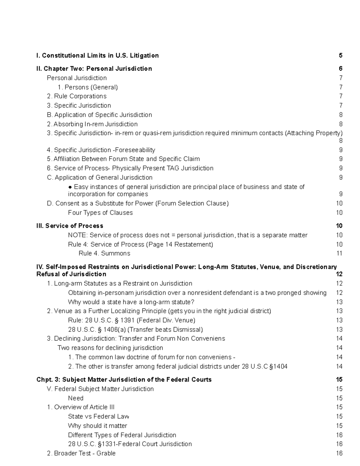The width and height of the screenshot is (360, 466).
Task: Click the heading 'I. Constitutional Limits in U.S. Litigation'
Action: [97, 56]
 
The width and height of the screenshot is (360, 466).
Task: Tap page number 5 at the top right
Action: [340, 56]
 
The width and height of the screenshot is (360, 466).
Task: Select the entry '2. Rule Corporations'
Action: [77, 96]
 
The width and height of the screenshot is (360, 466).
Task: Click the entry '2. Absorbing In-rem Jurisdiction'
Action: [92, 124]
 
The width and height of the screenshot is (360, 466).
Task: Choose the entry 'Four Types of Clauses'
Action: [100, 213]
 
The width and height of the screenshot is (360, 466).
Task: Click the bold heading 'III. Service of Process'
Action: [70, 226]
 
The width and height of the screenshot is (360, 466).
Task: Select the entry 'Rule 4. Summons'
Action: [104, 254]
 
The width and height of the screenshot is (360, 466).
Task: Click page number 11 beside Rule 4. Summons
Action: [339, 254]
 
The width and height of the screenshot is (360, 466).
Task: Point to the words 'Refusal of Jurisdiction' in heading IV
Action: [71, 274]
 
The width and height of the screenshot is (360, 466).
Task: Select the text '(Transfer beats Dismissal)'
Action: [165, 330]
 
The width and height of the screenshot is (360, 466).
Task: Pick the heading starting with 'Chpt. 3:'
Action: [124, 380]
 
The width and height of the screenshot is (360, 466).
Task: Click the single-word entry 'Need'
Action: [76, 398]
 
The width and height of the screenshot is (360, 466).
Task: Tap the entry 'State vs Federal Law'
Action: [98, 417]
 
